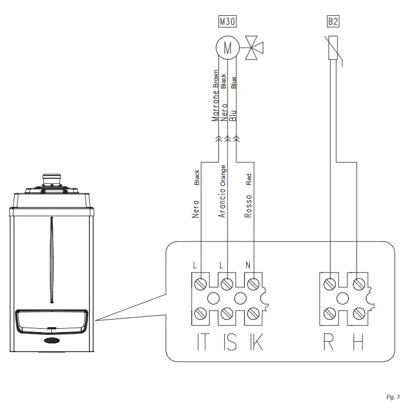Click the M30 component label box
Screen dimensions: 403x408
228,22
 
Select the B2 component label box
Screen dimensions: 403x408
333,22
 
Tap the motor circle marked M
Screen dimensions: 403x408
228,48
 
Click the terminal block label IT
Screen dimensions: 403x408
202,343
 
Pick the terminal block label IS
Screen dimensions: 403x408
229,343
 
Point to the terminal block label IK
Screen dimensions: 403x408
255,343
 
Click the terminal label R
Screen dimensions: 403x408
328,343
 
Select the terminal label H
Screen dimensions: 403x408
358,343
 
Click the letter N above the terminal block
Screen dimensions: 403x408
248,266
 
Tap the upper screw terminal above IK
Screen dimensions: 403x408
254,283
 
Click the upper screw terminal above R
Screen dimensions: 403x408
329,283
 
